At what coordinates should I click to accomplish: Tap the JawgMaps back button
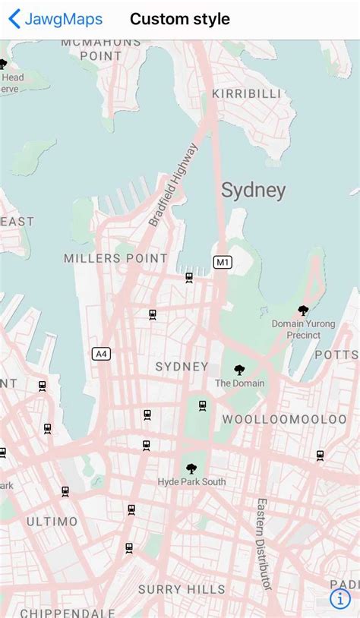(55, 19)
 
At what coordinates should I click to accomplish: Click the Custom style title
(180, 19)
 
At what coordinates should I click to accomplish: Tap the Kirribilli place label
(246, 93)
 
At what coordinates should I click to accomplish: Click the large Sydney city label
(253, 191)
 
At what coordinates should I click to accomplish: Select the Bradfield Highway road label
(173, 184)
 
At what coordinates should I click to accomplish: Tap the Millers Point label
(115, 258)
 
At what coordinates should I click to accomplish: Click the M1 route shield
(222, 262)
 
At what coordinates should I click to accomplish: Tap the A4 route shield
(101, 353)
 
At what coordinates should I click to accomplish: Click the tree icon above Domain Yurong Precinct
(303, 311)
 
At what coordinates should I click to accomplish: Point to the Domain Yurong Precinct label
(303, 329)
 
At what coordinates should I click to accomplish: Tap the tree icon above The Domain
(239, 370)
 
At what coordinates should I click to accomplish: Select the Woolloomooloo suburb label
(284, 419)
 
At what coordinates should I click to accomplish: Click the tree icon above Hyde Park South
(191, 468)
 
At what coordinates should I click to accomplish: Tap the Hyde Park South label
(191, 482)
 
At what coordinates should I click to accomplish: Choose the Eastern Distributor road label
(264, 544)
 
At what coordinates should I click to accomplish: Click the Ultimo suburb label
(52, 522)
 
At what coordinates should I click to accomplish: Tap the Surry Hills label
(182, 589)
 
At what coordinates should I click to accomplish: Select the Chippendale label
(68, 612)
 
